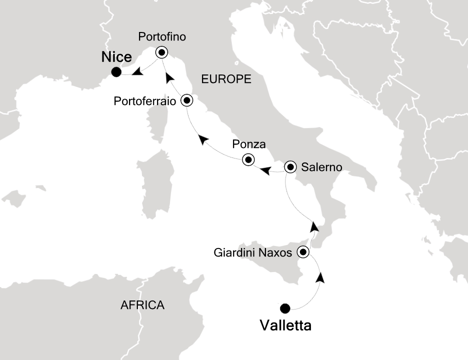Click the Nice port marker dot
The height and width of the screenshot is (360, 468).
116,72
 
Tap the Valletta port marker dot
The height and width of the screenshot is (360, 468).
285,308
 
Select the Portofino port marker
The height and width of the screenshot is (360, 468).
161,52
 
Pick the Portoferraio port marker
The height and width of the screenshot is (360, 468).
187,100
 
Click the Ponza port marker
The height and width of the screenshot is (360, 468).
248,160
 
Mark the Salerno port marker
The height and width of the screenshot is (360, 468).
290,167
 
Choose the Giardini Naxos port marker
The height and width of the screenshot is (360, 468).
303,252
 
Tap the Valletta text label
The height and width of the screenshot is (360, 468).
285,326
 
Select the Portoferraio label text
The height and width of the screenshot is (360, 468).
145,101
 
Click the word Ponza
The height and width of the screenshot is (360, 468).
248,145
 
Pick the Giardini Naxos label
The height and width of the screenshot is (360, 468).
252,253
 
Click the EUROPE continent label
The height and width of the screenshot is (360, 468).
225,79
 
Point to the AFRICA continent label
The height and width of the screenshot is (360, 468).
142,305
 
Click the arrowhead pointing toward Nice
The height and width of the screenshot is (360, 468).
137,73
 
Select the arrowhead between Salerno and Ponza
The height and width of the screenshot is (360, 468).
265,171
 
